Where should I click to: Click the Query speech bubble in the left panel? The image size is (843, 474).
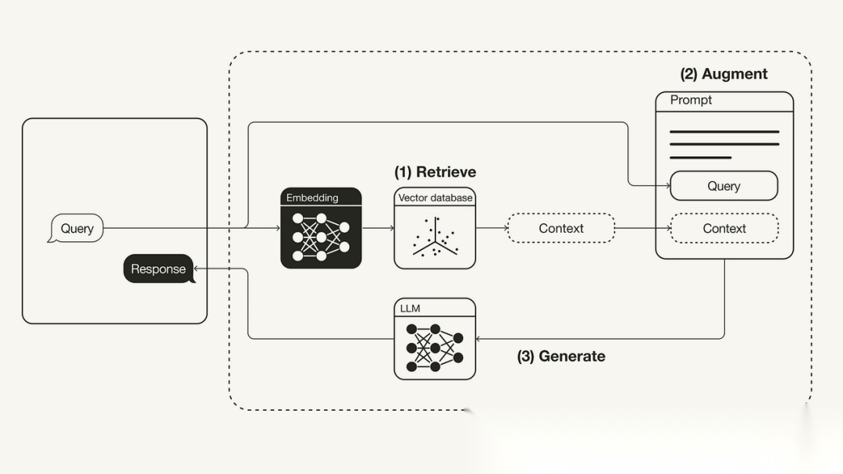76,229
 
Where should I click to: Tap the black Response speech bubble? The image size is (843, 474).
158,269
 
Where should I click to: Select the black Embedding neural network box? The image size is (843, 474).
321,229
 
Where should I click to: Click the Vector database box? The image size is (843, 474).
435,229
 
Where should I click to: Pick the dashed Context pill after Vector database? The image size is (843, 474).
560,229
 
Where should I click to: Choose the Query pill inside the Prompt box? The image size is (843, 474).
724,187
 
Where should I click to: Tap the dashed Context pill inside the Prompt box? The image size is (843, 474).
724,229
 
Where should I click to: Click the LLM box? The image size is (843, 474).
435,339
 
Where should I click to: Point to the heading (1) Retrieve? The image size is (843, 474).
435,172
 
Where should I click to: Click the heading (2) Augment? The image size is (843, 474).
724,74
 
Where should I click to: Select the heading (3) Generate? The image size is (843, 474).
560,356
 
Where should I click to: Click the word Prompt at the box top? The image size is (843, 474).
691,100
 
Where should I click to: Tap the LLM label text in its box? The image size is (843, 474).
410,308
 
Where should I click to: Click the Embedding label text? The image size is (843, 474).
312,198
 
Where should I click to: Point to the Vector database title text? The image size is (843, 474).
435,198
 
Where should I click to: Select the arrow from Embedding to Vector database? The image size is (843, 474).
378,229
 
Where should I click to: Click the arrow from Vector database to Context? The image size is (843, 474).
491,229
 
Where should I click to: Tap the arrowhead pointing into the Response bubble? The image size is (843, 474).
197,269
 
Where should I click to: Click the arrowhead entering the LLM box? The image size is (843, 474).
479,339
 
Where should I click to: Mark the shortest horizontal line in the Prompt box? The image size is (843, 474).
700,158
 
